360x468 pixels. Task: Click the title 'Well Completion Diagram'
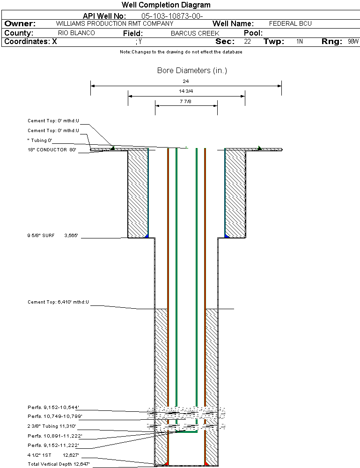166,5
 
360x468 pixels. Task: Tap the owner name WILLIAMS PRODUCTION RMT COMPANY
114,23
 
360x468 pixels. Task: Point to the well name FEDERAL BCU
290,23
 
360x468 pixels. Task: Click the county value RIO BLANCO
76,33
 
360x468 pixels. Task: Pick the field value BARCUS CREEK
195,34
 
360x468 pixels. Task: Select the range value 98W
353,42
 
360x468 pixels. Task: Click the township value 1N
300,42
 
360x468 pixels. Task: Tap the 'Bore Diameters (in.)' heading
192,71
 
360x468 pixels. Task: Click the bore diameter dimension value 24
186,81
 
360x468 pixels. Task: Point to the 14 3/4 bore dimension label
186,91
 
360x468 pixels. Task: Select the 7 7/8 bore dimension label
186,101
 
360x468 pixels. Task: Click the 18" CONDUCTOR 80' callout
51,150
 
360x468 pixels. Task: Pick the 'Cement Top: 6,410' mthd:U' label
58,302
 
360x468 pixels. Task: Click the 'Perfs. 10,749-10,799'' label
55,416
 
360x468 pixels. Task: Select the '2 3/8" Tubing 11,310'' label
51,426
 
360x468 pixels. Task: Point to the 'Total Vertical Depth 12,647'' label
58,464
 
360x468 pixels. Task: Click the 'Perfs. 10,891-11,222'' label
55,436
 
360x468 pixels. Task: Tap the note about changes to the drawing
181,52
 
